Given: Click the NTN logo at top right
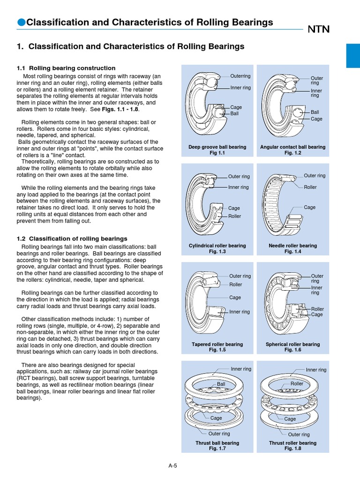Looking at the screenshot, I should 319,30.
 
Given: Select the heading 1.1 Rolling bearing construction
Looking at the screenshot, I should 66,68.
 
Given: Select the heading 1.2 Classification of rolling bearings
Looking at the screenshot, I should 72,239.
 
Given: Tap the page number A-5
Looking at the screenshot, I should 173,465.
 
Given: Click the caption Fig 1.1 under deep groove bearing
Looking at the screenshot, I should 217,153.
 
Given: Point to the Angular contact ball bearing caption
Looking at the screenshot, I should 292,147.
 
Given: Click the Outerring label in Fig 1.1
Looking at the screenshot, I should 240,76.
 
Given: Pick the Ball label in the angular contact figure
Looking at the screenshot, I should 315,112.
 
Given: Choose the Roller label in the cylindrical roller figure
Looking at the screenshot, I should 234,216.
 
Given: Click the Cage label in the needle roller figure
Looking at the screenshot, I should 309,207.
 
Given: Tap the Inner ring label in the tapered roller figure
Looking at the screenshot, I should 240,312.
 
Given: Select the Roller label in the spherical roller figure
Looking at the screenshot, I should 317,309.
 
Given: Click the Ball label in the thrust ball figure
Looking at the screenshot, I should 221,384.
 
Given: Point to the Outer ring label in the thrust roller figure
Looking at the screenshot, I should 299,435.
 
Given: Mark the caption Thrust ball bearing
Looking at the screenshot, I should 217,442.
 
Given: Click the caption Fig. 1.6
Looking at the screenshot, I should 292,350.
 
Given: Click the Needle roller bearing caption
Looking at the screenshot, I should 292,245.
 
